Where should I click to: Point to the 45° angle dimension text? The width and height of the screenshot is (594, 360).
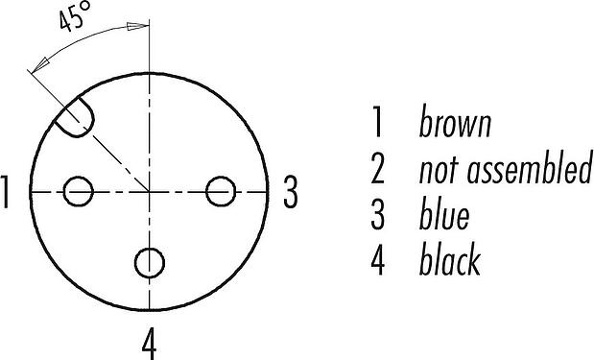(76, 16)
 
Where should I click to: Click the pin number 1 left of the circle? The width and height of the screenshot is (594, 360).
(5, 192)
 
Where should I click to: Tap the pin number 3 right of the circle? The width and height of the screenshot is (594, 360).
(291, 192)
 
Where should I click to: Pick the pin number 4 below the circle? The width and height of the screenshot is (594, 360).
(150, 344)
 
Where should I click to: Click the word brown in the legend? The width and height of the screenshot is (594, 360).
(456, 122)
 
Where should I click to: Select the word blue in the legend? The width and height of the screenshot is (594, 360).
(444, 213)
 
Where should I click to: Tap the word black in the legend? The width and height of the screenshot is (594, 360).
(450, 259)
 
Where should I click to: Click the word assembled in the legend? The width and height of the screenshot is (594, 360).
(530, 168)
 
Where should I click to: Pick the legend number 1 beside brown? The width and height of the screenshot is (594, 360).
(377, 122)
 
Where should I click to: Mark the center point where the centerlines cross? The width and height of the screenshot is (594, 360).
(150, 192)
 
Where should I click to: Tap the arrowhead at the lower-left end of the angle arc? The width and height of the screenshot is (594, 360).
(41, 65)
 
